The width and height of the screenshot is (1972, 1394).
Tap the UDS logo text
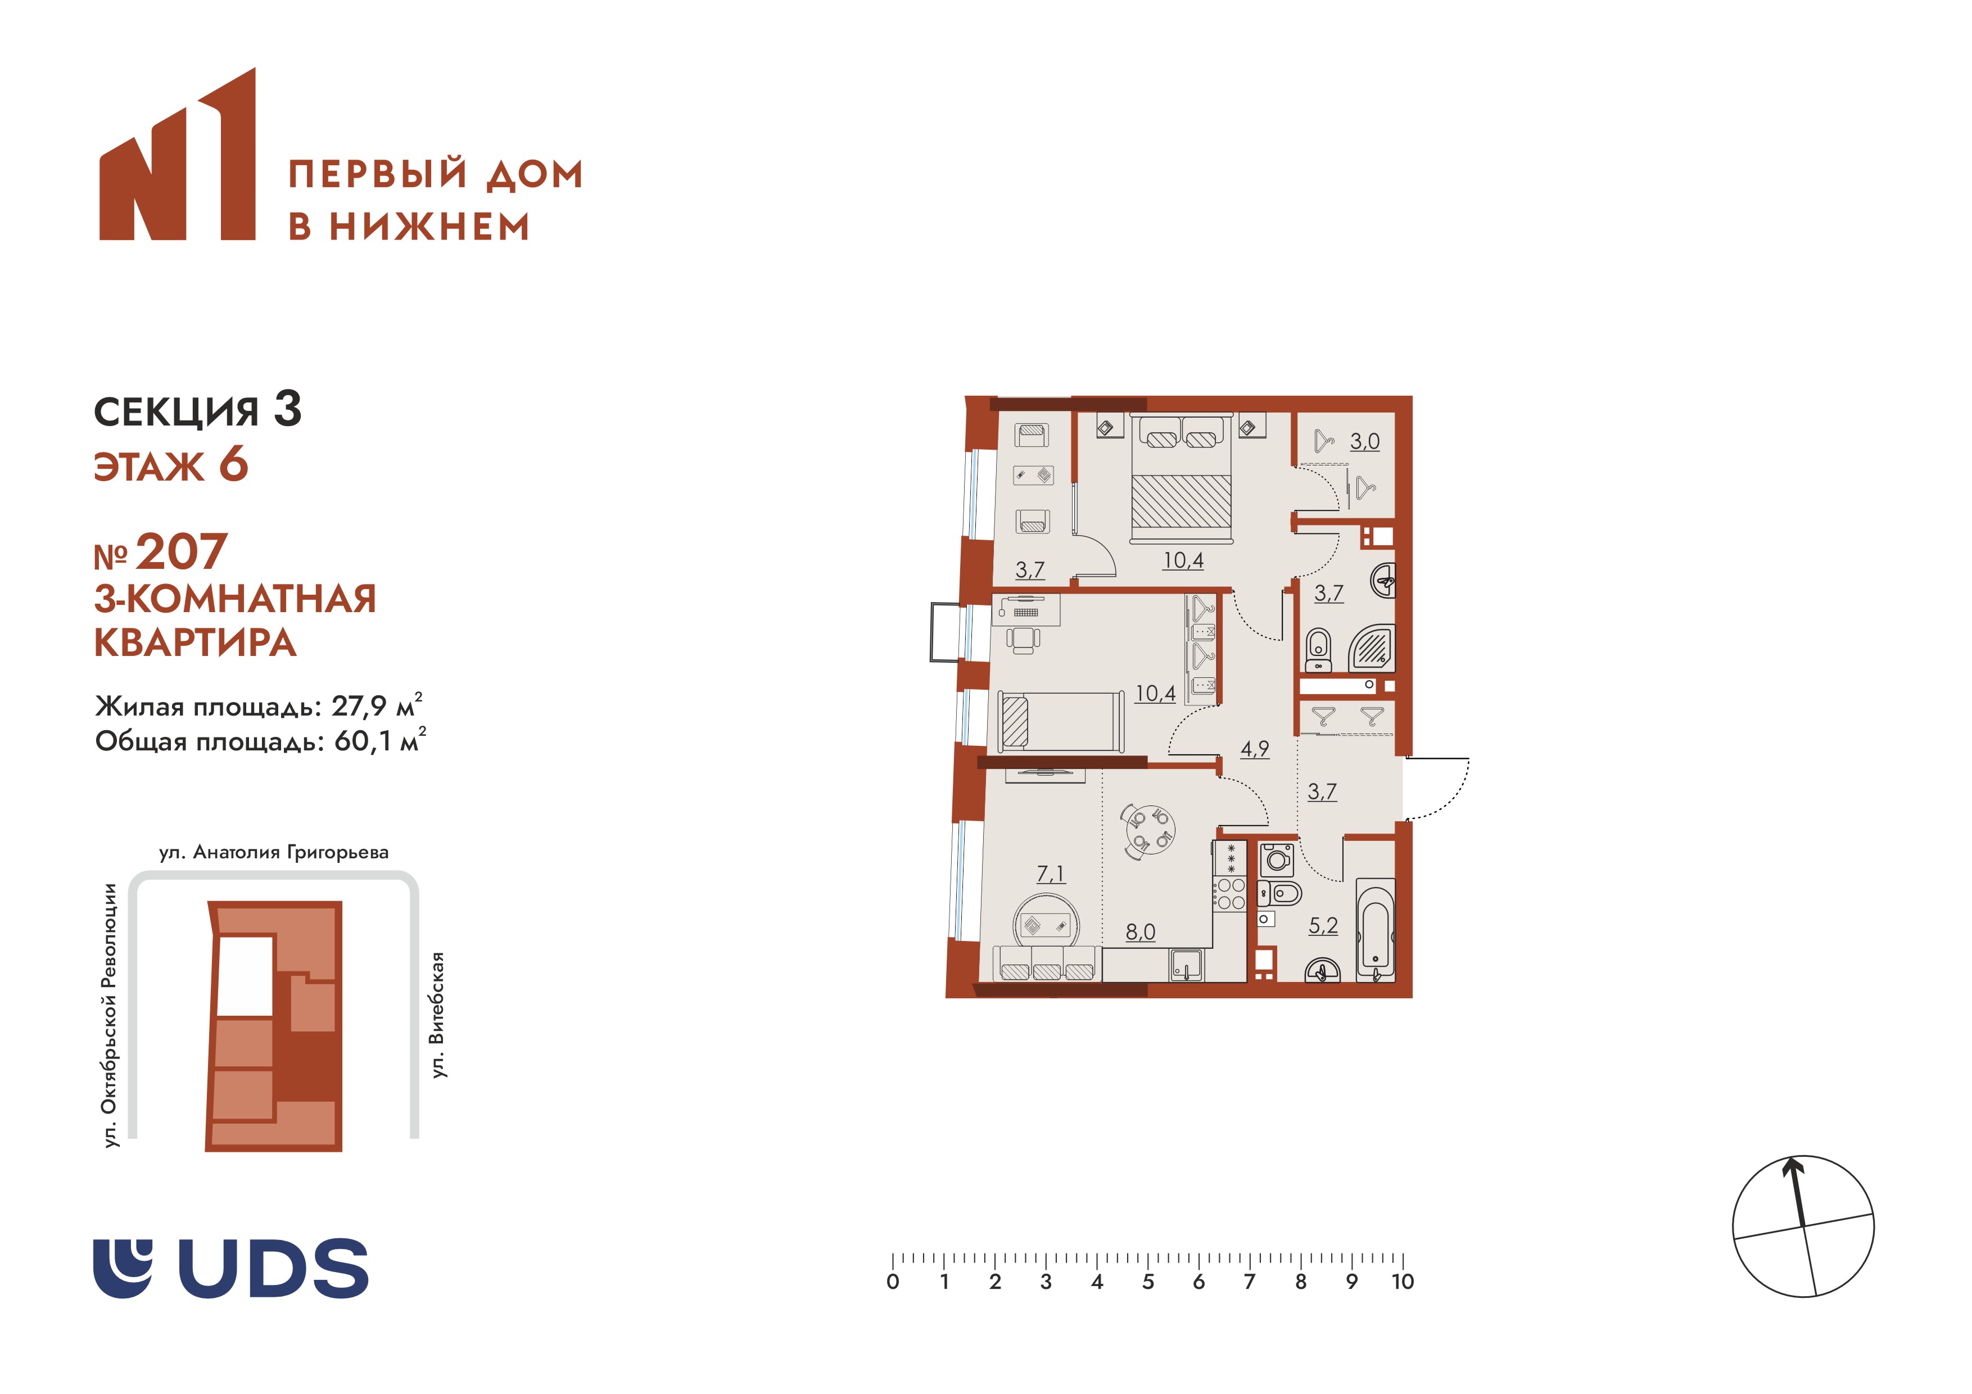273,1268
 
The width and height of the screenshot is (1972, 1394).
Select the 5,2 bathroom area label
1323,925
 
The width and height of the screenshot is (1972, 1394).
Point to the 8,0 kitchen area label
1141,932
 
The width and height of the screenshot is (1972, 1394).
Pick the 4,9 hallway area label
1254,749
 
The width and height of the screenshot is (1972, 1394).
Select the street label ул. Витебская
438,1015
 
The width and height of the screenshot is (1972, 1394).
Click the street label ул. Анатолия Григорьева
274,853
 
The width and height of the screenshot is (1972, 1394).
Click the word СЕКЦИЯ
176,412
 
